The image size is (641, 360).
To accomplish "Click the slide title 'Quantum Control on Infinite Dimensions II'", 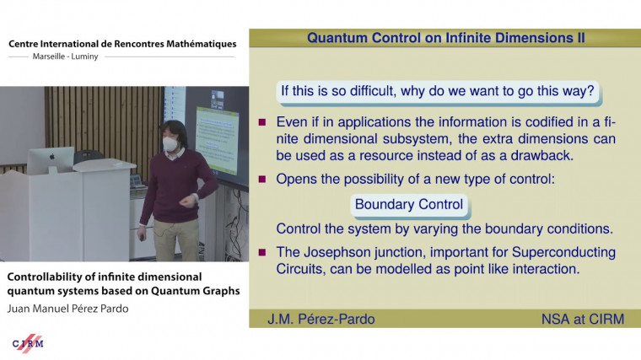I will point(446,38).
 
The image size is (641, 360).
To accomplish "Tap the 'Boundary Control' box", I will point(409,204).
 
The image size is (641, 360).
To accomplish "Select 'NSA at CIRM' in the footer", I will point(579,319).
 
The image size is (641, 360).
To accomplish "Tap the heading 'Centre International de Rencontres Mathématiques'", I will point(122,43).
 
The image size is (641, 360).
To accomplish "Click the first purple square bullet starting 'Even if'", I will point(262,121).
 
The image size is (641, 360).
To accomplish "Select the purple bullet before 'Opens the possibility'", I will point(262,179).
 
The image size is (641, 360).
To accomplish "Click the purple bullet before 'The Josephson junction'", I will point(262,253).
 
